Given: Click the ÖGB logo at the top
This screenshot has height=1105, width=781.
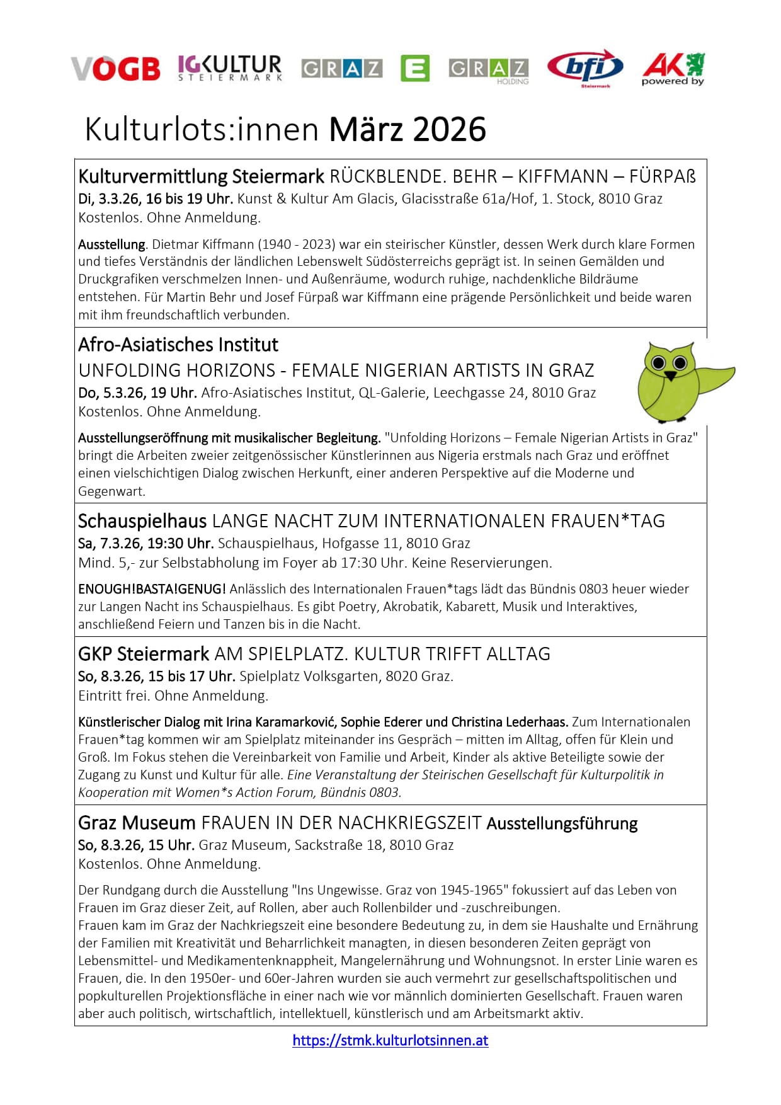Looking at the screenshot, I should (x=116, y=68).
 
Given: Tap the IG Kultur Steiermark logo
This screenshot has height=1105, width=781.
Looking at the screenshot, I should (x=230, y=67).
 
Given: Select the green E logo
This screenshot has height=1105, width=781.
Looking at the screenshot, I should (x=415, y=68).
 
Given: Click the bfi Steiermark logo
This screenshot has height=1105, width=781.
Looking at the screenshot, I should (x=585, y=67).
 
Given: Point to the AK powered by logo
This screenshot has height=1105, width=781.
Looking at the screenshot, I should (x=673, y=69).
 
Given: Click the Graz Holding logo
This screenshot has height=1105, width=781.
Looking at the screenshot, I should (x=489, y=71).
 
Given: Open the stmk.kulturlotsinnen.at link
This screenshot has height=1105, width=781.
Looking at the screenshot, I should (x=390, y=1040).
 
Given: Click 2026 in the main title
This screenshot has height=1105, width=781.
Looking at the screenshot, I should (x=450, y=130).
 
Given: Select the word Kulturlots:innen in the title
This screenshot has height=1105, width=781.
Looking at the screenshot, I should (x=202, y=130).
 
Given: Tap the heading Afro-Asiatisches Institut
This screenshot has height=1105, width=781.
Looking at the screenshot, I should (x=178, y=345).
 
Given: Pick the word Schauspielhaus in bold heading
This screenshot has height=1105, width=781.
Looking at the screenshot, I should (x=142, y=521).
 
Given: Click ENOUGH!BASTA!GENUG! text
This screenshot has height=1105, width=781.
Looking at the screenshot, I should (x=152, y=589).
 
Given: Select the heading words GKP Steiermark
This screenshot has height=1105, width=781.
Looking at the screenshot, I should (x=144, y=654).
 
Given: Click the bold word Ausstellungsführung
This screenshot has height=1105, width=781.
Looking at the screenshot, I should (x=562, y=823).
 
